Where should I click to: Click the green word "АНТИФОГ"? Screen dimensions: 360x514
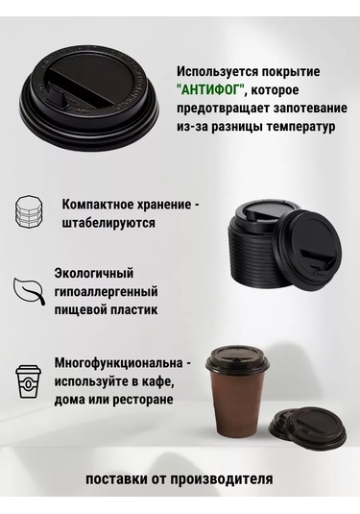coord(211,89)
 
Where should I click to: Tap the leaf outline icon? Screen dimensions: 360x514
coord(29,291)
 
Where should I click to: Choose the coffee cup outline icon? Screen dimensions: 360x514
coord(29,380)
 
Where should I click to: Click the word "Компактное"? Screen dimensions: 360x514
coord(95,205)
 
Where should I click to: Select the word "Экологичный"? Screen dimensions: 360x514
coord(94,273)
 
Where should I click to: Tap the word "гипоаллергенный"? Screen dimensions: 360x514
coord(106,291)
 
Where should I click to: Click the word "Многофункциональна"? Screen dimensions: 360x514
coord(119,363)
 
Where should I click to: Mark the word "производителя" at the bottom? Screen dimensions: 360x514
coord(221,478)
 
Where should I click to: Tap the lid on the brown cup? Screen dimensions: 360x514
coord(237,359)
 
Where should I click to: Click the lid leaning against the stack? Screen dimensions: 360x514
coord(308,247)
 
